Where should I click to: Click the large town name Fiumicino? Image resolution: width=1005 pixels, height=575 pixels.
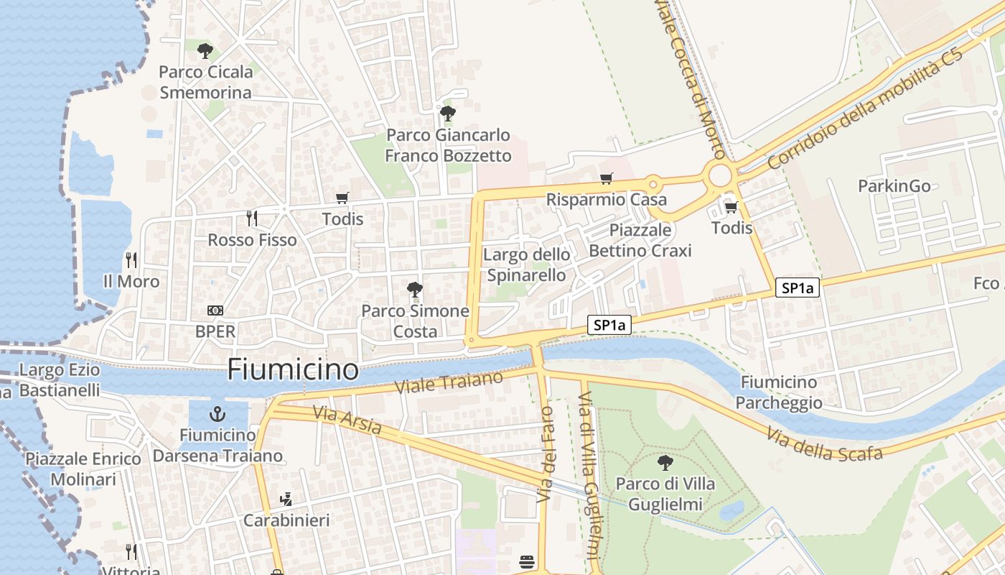tap(293, 369)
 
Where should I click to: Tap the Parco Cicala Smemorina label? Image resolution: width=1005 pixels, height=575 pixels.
tap(205, 82)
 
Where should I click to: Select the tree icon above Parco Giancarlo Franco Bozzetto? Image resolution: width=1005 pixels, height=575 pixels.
tap(447, 113)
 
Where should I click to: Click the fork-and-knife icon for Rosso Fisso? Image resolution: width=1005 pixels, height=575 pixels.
tap(251, 218)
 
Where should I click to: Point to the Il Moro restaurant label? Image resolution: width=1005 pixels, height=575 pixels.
tap(131, 281)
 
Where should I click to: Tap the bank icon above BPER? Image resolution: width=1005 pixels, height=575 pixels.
tap(215, 310)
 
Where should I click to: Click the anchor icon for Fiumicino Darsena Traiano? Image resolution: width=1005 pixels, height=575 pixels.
tap(217, 414)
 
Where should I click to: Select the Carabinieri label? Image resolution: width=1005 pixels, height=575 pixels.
tap(286, 520)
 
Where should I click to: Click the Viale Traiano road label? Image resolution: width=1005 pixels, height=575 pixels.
tap(450, 382)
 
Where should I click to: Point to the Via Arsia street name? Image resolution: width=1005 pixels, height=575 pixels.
tap(347, 420)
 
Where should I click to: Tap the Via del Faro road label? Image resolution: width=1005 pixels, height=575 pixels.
tap(546, 454)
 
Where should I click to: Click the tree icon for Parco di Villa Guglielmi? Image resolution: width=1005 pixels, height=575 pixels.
tap(665, 462)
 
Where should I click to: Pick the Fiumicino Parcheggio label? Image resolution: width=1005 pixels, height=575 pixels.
tap(779, 392)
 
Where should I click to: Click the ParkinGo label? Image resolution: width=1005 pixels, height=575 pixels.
tap(894, 186)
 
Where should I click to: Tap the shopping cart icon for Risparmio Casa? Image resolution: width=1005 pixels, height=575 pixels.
tap(607, 179)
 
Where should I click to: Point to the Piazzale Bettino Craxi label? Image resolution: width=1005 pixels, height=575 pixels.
tap(640, 240)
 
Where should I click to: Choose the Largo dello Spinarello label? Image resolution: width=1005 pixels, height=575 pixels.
tap(527, 264)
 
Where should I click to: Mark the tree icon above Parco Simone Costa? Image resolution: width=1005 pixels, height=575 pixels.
tap(414, 290)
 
